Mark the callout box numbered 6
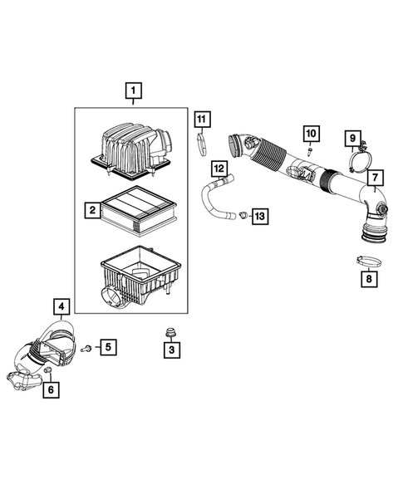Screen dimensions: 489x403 point(52,389)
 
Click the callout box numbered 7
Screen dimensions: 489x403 point(375,178)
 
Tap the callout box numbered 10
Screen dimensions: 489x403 point(310,133)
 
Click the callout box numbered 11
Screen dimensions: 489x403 point(201,119)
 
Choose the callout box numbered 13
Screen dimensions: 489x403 point(259,217)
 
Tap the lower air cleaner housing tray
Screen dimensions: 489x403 point(139,279)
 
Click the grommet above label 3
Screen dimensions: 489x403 point(171,333)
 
